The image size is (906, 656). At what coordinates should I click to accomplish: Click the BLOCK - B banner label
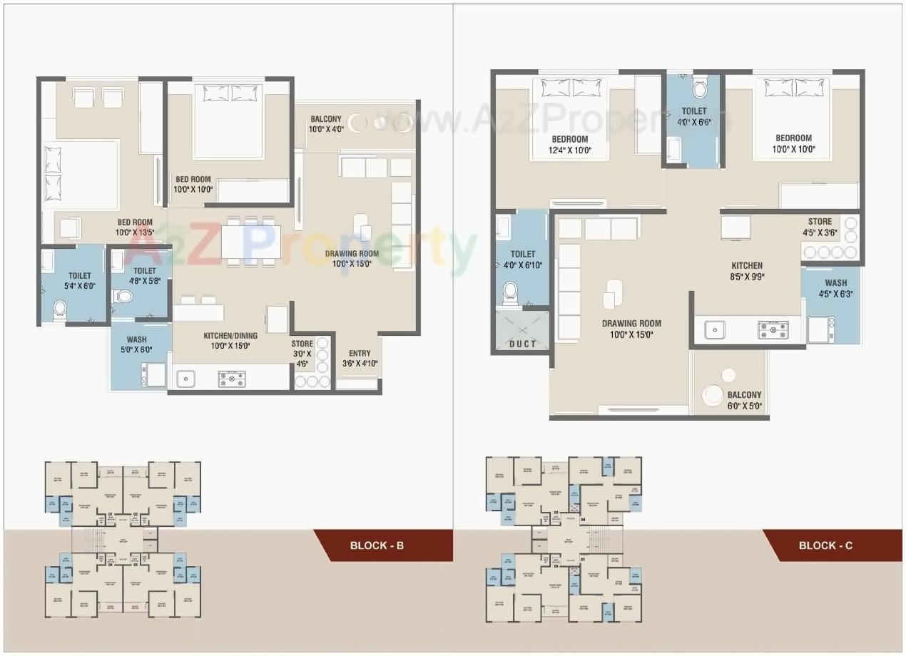(x=377, y=546)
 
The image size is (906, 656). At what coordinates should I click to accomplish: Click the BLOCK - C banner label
(x=825, y=546)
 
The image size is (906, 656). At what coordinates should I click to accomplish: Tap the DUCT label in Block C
(x=522, y=344)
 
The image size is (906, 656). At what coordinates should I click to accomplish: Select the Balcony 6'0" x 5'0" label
(x=744, y=401)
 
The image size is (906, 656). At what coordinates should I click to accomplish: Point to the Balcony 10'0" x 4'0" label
(x=327, y=124)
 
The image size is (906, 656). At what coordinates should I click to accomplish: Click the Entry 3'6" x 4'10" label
(x=359, y=359)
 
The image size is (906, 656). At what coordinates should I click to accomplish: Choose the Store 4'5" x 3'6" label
(x=820, y=227)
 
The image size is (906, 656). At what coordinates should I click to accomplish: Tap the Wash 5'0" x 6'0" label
(x=136, y=344)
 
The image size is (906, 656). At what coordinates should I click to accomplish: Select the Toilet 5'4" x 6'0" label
(x=79, y=281)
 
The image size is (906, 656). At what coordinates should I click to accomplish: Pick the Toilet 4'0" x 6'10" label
(x=523, y=260)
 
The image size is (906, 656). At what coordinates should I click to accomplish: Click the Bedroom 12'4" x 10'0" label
(x=569, y=144)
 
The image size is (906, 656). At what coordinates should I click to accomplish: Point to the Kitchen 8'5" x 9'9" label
(x=746, y=271)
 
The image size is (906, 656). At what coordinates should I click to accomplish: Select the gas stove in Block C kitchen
(x=773, y=330)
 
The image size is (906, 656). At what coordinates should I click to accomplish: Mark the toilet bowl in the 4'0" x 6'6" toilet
(x=699, y=89)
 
